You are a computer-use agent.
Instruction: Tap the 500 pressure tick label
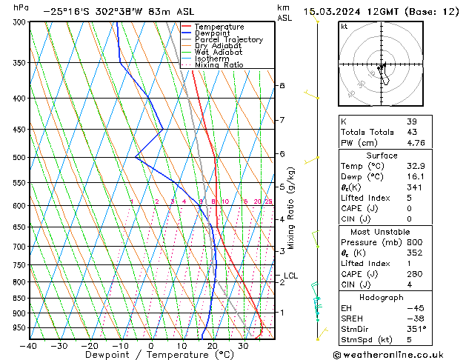point(19,158)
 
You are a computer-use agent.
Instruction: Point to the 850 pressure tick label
point(19,299)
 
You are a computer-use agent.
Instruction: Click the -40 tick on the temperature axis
point(29,345)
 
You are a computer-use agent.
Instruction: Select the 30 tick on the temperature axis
point(243,345)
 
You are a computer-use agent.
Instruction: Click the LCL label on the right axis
point(290,276)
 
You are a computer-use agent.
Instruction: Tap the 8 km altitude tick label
point(282,86)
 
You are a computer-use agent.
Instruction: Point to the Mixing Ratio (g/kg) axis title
point(291,208)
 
